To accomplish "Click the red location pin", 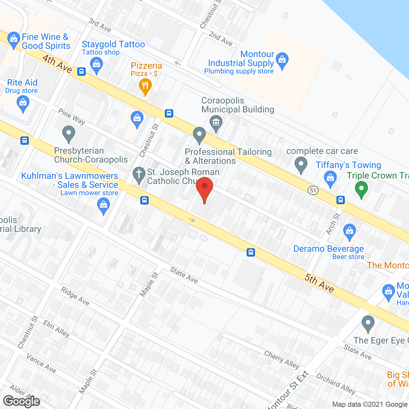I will tap(204, 189).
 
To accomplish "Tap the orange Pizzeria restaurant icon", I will tap(145, 86).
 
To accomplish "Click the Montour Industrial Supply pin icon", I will tap(282, 60).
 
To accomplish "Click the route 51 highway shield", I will tap(313, 191).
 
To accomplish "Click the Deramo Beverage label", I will tap(328, 249).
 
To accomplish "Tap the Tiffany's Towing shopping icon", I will tap(330, 178).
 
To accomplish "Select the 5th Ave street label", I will tap(319, 283).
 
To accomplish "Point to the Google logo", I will tap(22, 401).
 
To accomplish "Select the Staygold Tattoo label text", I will tap(113, 44).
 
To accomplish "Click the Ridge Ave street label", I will tap(75, 296).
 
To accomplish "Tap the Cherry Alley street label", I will tap(282, 359).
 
